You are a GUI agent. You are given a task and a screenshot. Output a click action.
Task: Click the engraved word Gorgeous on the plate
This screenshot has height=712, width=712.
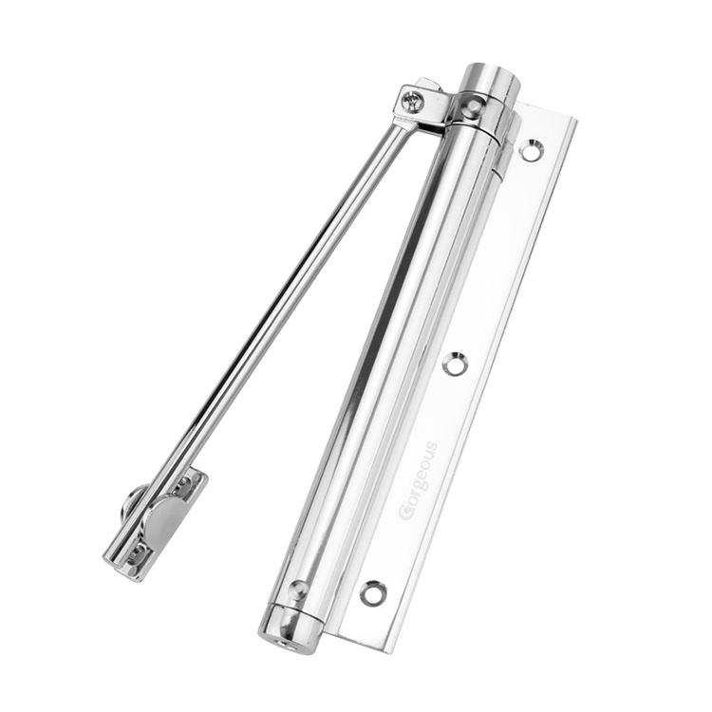pos(419,480)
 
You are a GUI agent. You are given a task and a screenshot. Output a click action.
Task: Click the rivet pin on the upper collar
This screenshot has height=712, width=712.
pos(474,106)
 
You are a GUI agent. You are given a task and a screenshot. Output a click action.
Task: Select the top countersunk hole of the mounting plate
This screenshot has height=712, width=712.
pos(532,151)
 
